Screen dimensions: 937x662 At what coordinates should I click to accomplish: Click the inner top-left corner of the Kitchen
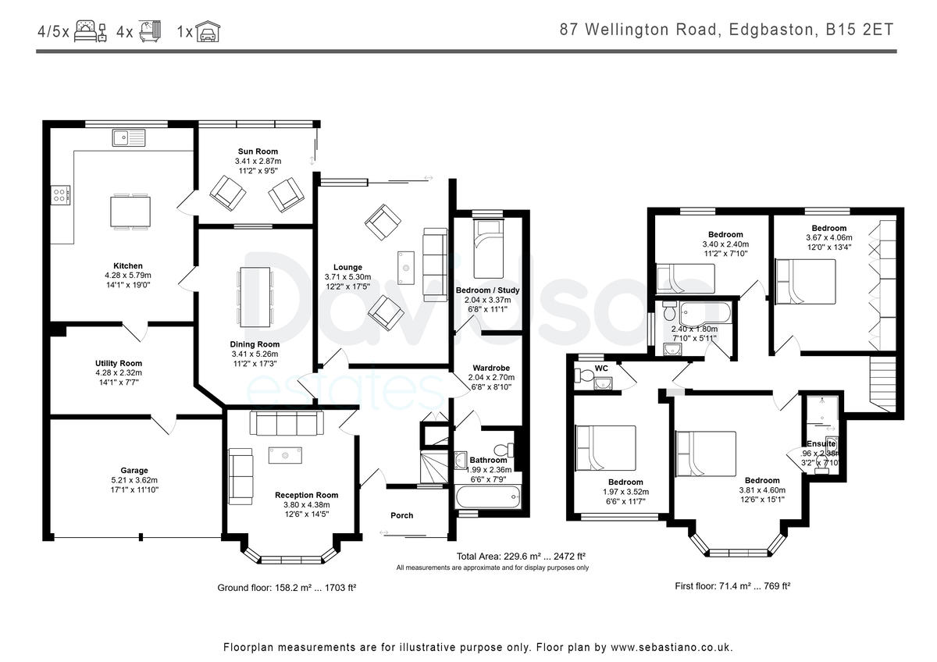tap(51, 128)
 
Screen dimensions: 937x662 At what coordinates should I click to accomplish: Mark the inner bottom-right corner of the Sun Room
tap(313, 224)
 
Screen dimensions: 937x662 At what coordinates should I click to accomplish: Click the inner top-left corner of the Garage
tap(51, 419)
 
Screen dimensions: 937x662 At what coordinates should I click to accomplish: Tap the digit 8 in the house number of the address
tap(565, 30)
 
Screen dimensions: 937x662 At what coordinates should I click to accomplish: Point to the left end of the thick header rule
tap(37, 52)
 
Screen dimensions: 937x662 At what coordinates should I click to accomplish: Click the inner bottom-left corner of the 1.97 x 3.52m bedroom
tap(574, 513)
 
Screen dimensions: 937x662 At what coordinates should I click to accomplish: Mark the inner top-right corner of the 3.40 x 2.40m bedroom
tap(768, 215)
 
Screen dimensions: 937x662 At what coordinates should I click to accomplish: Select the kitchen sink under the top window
tap(129, 137)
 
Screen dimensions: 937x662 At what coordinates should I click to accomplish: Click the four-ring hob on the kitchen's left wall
tap(60, 195)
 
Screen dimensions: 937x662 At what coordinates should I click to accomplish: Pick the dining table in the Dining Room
tap(255, 297)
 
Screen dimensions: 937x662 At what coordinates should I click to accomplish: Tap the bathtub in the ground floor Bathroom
tap(488, 496)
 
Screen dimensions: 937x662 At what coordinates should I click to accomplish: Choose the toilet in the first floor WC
tap(583, 375)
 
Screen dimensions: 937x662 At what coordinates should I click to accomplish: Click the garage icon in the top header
tap(208, 31)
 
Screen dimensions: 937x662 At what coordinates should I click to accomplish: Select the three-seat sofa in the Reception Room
tap(287, 423)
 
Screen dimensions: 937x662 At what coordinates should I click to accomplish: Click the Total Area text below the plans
tap(521, 556)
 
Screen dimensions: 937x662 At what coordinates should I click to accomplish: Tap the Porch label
tap(402, 516)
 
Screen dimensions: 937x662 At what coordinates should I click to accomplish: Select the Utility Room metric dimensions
tap(119, 372)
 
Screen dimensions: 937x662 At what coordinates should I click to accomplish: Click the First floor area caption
tap(732, 586)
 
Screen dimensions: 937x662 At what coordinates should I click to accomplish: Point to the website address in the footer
tap(672, 647)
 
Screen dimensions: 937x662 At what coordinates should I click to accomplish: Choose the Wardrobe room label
tap(491, 368)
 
